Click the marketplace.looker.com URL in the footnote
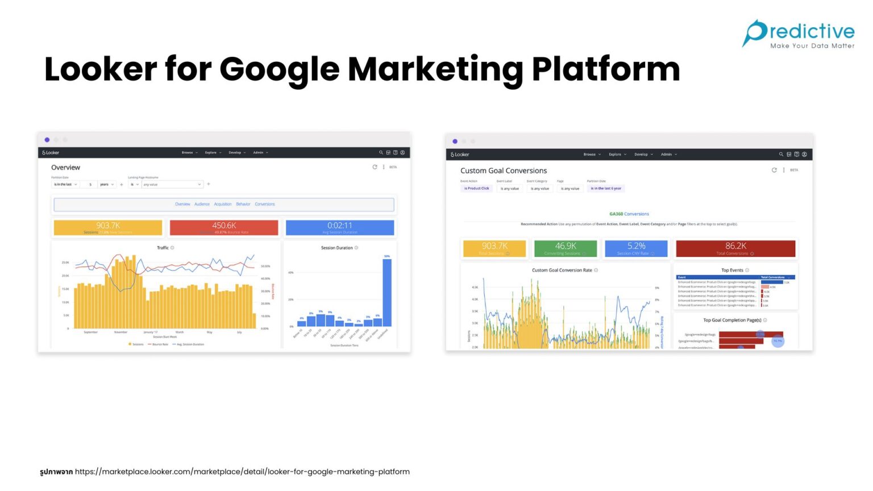pyautogui.click(x=242, y=472)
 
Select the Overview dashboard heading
pyautogui.click(x=65, y=168)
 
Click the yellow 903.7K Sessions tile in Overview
pyautogui.click(x=108, y=227)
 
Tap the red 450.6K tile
pyautogui.click(x=224, y=227)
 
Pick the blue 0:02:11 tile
pyautogui.click(x=339, y=227)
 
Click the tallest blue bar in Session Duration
pyautogui.click(x=387, y=293)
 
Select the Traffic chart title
pyautogui.click(x=163, y=248)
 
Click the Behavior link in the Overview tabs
pyautogui.click(x=243, y=204)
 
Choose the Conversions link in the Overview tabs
pyautogui.click(x=265, y=204)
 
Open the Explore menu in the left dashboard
pyautogui.click(x=211, y=153)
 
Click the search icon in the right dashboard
pyautogui.click(x=781, y=155)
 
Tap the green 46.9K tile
pyautogui.click(x=566, y=248)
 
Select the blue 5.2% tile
pyautogui.click(x=636, y=248)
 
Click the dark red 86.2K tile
pyautogui.click(x=735, y=248)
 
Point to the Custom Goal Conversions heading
pyautogui.click(x=504, y=170)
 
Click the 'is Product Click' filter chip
pyautogui.click(x=476, y=189)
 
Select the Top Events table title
pyautogui.click(x=733, y=271)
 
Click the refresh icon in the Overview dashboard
pyautogui.click(x=375, y=167)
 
